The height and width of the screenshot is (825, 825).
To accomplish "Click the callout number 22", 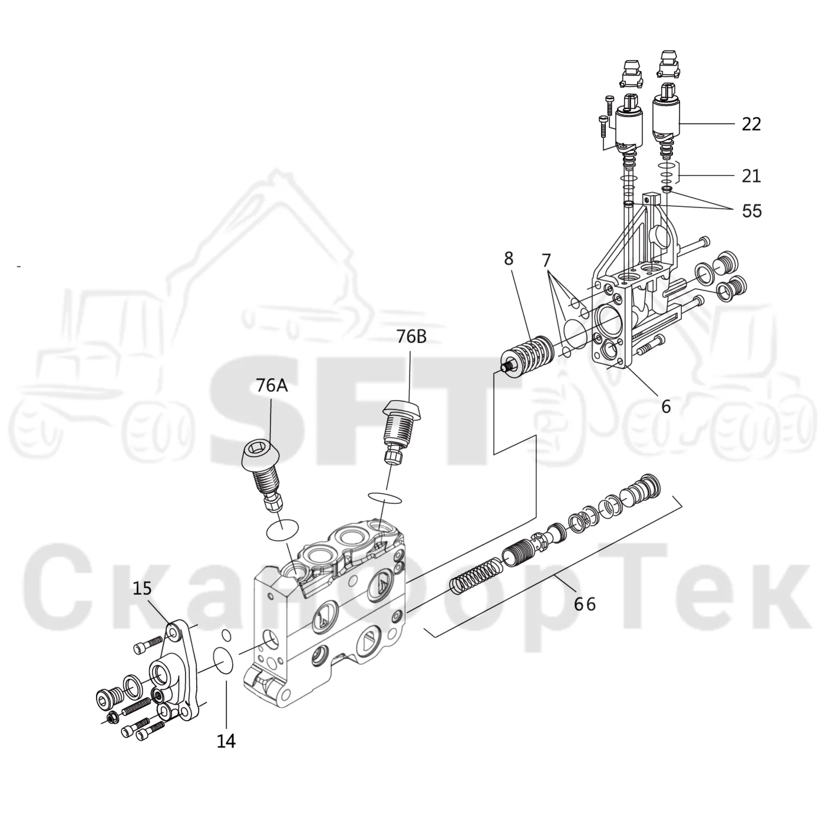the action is (751, 124).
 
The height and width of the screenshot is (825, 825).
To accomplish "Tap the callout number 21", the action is (751, 176).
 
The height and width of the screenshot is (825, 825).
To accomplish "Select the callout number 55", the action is (752, 210).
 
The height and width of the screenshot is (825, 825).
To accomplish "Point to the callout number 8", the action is (509, 259).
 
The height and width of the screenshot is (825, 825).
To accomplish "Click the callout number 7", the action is (546, 260).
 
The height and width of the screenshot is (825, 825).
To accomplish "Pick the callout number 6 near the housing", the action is (666, 406).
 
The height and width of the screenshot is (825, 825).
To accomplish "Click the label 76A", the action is (272, 385).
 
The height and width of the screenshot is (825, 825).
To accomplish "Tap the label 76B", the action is (411, 337).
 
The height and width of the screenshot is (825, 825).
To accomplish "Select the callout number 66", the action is (585, 604).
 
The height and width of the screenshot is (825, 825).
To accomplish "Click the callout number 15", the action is (142, 588).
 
